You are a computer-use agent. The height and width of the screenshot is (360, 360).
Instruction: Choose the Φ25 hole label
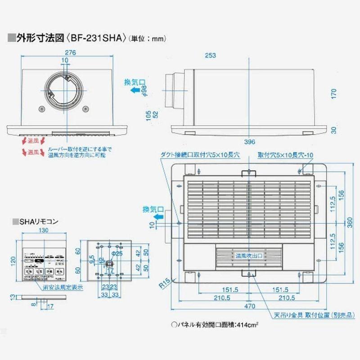pyautogui.click(x=117, y=254)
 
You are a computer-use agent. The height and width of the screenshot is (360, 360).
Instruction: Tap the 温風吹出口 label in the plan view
pyautogui.click(x=249, y=255)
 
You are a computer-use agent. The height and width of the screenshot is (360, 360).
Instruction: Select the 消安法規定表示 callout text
pyautogui.click(x=63, y=287)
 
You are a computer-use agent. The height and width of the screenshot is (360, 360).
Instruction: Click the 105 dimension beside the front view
pyautogui.click(x=148, y=115)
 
